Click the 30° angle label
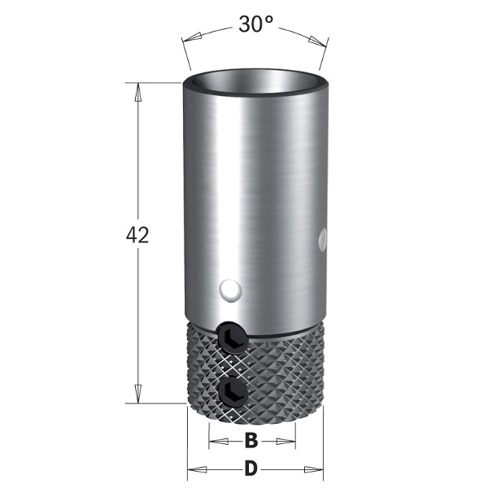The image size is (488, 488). click(x=255, y=24)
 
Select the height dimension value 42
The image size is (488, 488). click(x=137, y=235)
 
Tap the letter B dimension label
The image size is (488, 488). click(x=251, y=441)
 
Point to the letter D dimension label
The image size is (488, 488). click(x=251, y=468)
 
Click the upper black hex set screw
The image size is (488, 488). click(x=233, y=338)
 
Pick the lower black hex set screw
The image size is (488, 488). click(x=233, y=392)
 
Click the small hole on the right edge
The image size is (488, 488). click(x=323, y=239)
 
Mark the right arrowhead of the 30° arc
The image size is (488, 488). click(x=317, y=41)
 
